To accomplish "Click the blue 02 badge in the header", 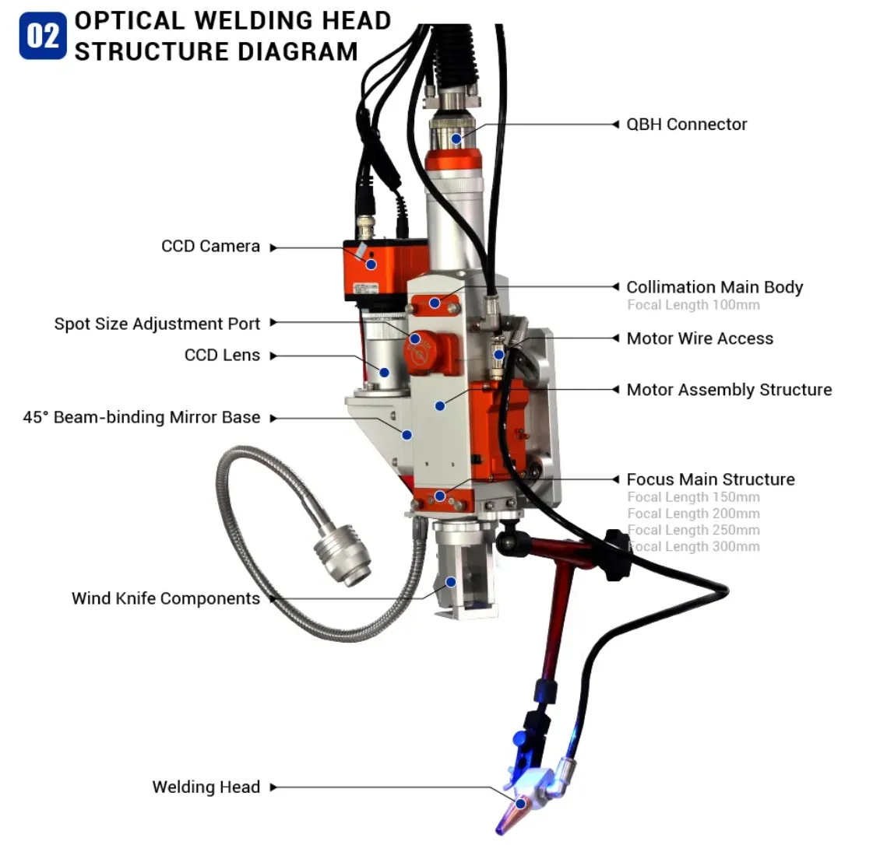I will (x=43, y=36).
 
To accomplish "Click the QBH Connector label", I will (x=686, y=124).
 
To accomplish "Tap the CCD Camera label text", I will (x=210, y=247).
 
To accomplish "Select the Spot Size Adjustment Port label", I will (x=157, y=324).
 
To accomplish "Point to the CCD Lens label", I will (x=222, y=356).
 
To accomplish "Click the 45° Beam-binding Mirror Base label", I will (x=141, y=418).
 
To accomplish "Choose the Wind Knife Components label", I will (x=166, y=598).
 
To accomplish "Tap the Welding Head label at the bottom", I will (x=206, y=787).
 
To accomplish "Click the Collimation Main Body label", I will (x=714, y=287).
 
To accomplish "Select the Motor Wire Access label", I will (x=699, y=338).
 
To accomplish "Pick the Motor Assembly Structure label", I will (x=729, y=390).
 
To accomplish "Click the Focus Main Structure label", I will (x=710, y=479).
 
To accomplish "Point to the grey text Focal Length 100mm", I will (x=693, y=305).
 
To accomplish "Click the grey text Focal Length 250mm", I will (x=693, y=530).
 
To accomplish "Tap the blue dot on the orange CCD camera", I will (x=371, y=265).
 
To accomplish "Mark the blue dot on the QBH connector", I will (x=456, y=138).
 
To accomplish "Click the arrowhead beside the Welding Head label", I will (x=273, y=787).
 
